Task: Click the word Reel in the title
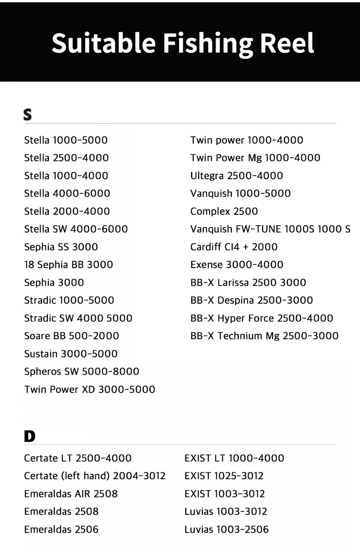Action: (x=287, y=43)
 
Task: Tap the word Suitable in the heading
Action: (x=103, y=43)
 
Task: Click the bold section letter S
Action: (x=27, y=115)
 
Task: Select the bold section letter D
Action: (x=29, y=436)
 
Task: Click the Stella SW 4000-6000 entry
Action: (x=76, y=229)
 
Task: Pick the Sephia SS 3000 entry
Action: (x=61, y=247)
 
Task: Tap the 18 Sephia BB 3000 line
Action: (x=68, y=264)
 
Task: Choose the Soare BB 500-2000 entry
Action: (x=71, y=336)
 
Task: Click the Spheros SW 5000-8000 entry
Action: (x=82, y=372)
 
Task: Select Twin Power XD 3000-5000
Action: (x=89, y=389)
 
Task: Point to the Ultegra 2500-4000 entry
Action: (x=237, y=176)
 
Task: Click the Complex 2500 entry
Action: (x=224, y=211)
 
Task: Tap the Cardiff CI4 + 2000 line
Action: (x=234, y=247)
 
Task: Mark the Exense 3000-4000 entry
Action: (x=237, y=264)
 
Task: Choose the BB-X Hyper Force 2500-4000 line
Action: (x=262, y=318)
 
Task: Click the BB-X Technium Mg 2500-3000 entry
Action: (x=264, y=336)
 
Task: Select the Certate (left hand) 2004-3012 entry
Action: (x=94, y=476)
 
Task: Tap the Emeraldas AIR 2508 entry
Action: (x=71, y=493)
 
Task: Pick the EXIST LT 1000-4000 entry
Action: (x=234, y=458)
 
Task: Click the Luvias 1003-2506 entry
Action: (x=226, y=529)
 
